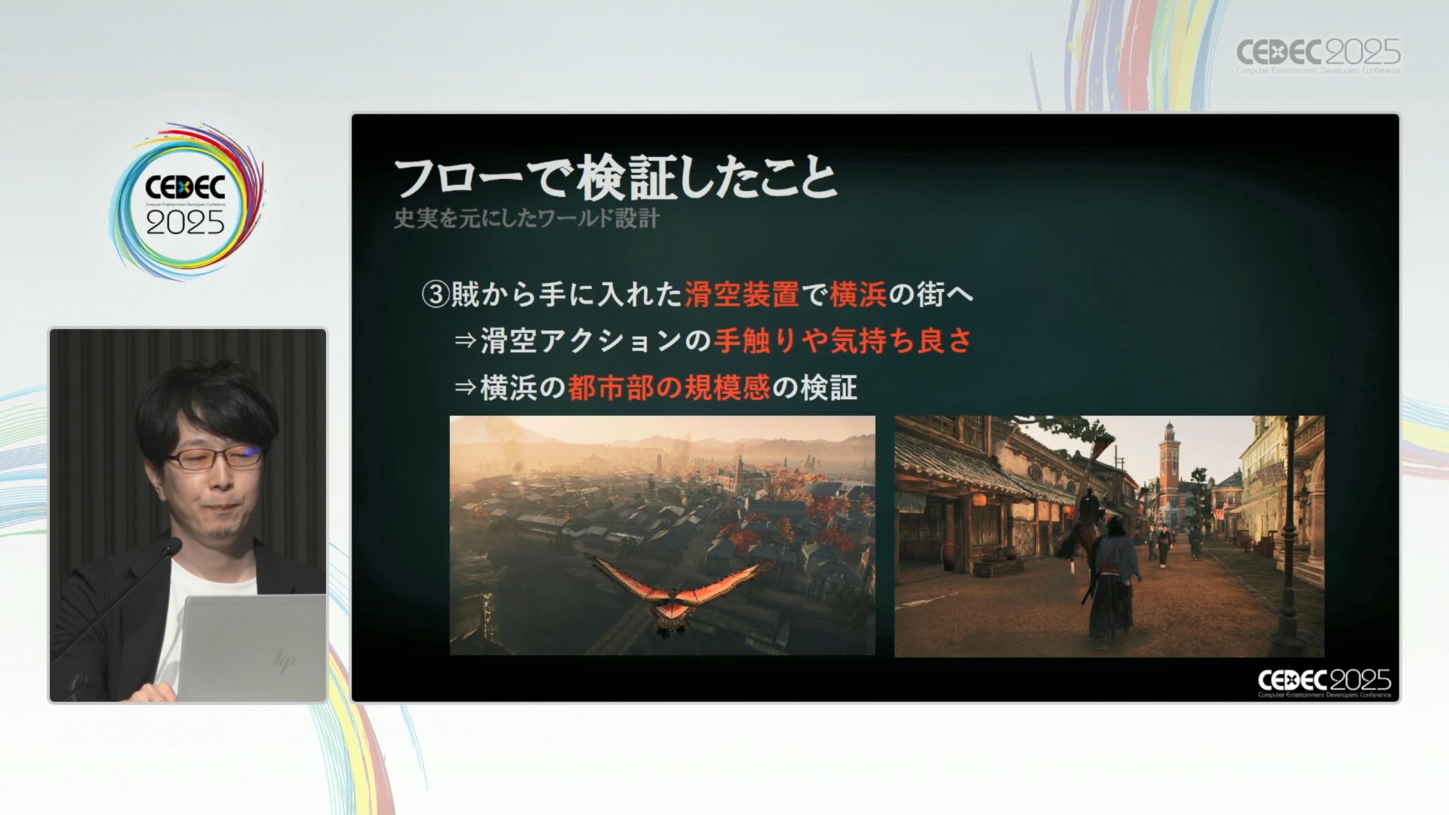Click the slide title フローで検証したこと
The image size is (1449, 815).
(x=616, y=178)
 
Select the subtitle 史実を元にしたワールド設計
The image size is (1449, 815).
(x=527, y=218)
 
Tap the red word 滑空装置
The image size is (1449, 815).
(x=742, y=294)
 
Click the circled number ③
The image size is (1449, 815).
(x=435, y=294)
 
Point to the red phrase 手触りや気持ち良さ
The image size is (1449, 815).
(x=843, y=341)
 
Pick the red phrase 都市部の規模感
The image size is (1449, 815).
(x=669, y=388)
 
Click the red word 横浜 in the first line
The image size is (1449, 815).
(x=858, y=294)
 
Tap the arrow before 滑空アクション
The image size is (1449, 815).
(x=465, y=341)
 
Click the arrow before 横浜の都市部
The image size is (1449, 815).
(x=465, y=388)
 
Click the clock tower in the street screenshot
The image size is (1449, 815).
(x=1169, y=468)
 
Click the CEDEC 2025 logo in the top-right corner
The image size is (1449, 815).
(x=1318, y=55)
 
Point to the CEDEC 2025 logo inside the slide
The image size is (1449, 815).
(x=1324, y=682)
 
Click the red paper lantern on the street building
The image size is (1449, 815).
(x=980, y=500)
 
